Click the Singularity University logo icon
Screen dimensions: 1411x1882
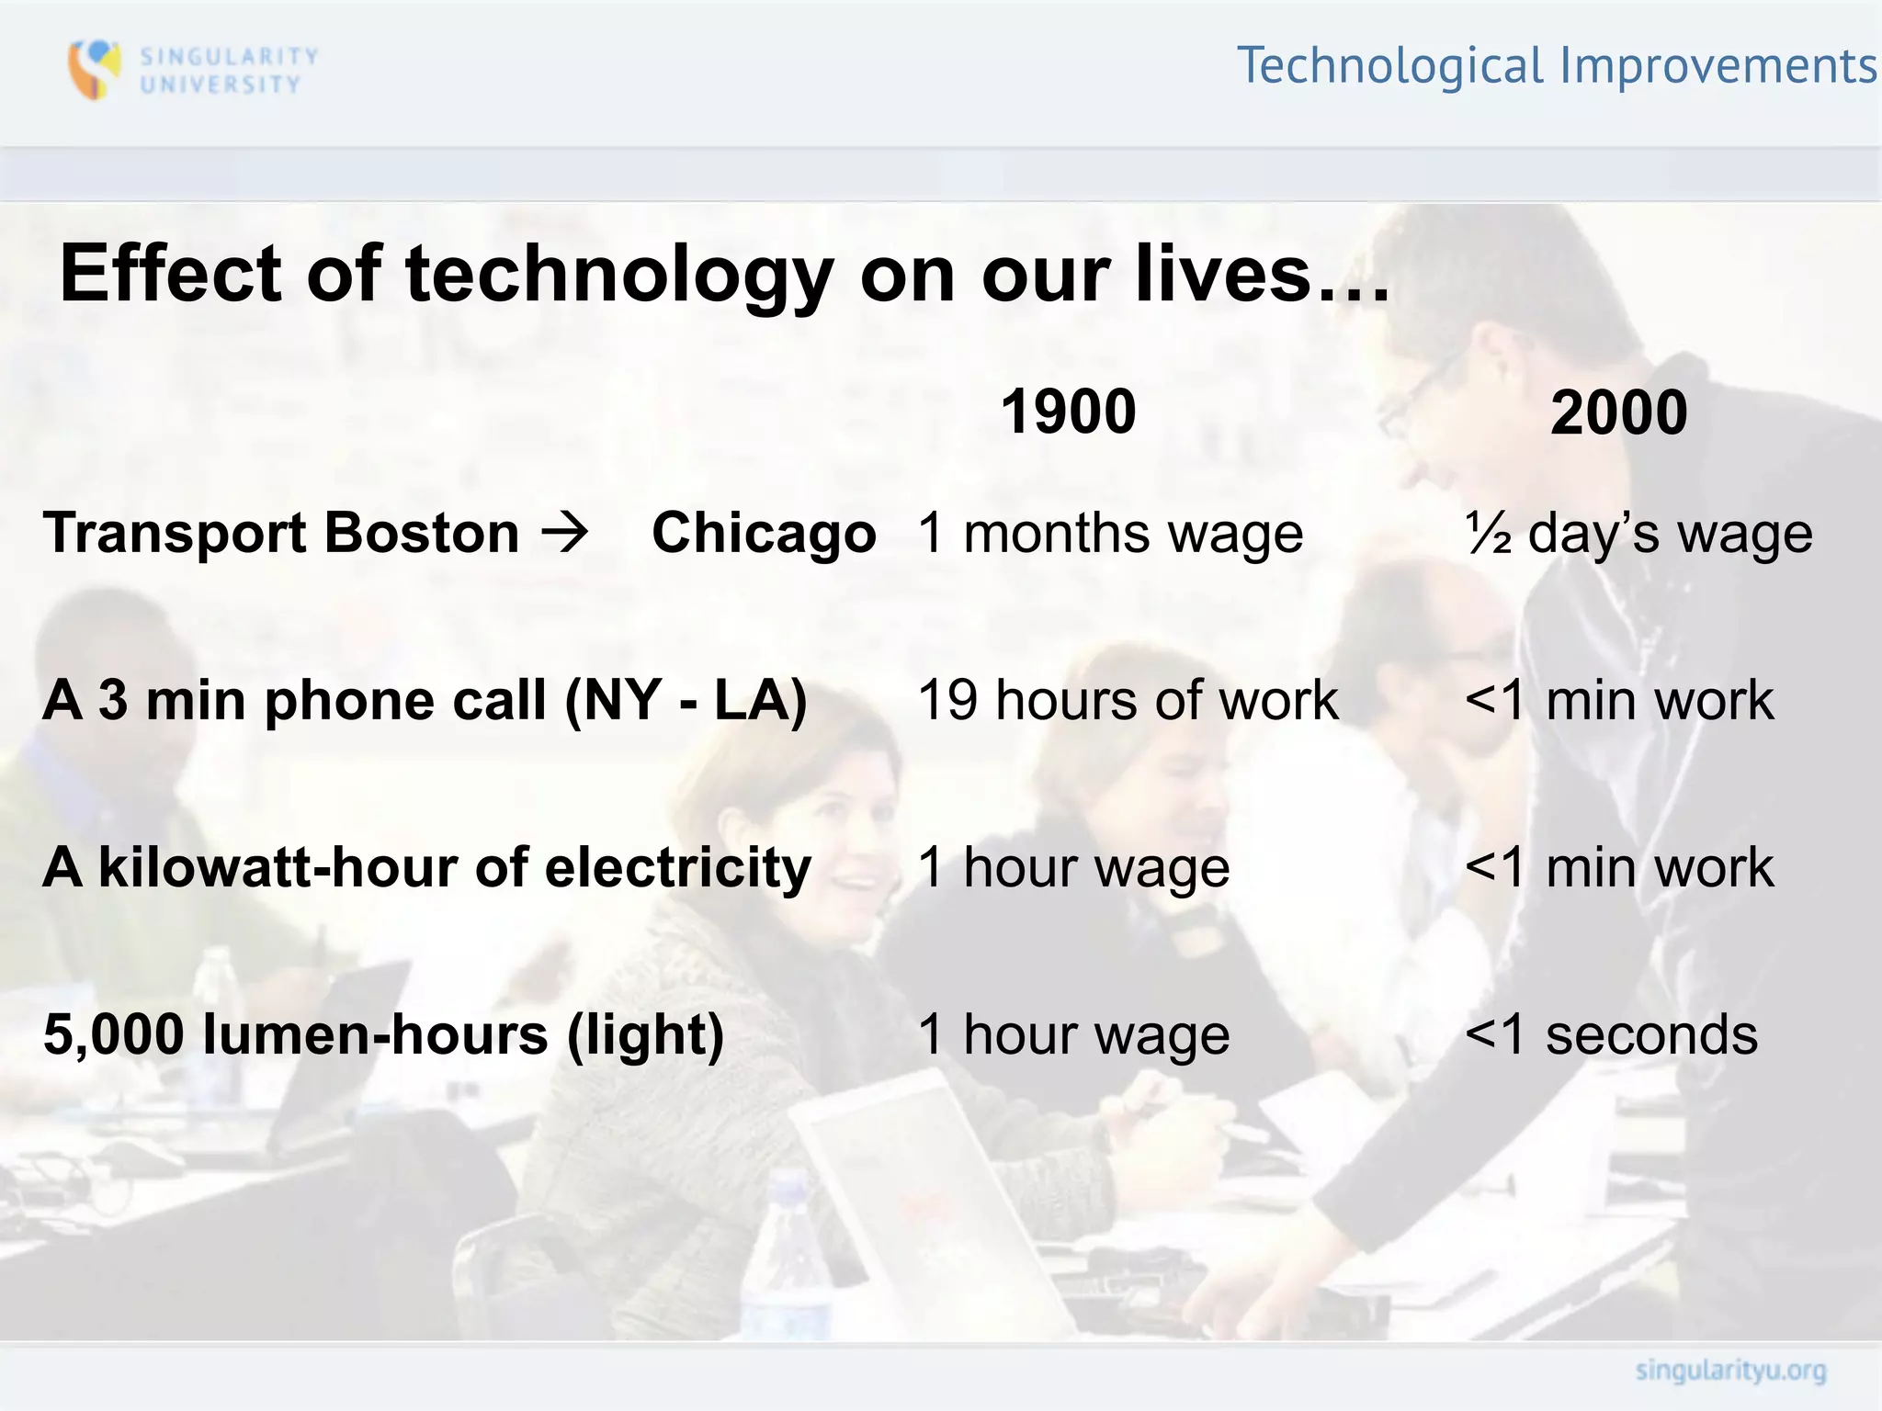click(95, 69)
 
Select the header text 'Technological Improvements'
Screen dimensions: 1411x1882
click(1558, 66)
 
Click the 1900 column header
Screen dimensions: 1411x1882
click(1068, 412)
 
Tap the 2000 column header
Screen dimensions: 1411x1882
click(1618, 412)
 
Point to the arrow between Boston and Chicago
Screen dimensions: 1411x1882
click(564, 533)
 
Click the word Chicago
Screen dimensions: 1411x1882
click(764, 533)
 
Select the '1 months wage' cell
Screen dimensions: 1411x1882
click(1110, 534)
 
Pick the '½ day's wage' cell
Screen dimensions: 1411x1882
click(1638, 534)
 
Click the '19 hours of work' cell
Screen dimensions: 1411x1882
click(1128, 701)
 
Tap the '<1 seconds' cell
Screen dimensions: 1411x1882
click(1611, 1035)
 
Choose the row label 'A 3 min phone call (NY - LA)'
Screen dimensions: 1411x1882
click(425, 701)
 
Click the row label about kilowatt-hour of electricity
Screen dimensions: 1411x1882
click(427, 868)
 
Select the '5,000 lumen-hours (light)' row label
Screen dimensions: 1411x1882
click(384, 1035)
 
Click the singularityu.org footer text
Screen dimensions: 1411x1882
click(1730, 1371)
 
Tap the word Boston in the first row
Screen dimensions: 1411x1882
click(422, 533)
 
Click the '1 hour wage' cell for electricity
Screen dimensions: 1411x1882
click(1073, 868)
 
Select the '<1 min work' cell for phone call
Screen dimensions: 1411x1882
click(1619, 701)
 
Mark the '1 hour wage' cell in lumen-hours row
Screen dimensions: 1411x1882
click(1073, 1035)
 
